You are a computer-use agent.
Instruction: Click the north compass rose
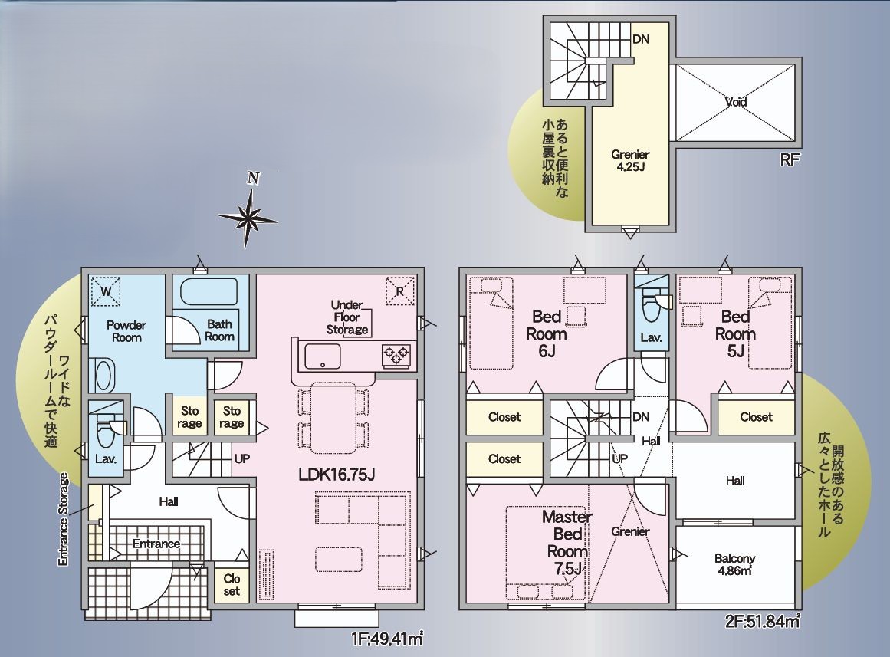[248, 217]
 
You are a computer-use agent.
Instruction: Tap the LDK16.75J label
[337, 474]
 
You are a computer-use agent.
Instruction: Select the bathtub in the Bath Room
[209, 292]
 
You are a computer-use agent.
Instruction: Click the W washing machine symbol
[106, 291]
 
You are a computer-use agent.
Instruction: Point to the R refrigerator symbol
[400, 291]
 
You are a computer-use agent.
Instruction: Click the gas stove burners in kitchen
[396, 355]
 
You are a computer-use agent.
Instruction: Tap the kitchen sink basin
[323, 356]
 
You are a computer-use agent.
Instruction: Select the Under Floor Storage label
[347, 317]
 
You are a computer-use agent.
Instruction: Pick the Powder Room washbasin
[103, 376]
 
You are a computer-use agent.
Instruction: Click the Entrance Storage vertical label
[63, 519]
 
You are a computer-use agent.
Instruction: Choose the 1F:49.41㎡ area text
[388, 639]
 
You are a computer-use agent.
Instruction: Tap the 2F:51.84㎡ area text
[763, 621]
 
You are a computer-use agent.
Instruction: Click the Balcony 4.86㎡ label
[735, 564]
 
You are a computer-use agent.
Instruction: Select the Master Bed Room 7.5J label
[567, 542]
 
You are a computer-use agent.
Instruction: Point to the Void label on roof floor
[736, 102]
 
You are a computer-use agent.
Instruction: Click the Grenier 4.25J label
[631, 160]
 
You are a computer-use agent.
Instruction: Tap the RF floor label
[790, 159]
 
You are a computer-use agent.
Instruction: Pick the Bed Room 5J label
[736, 334]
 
